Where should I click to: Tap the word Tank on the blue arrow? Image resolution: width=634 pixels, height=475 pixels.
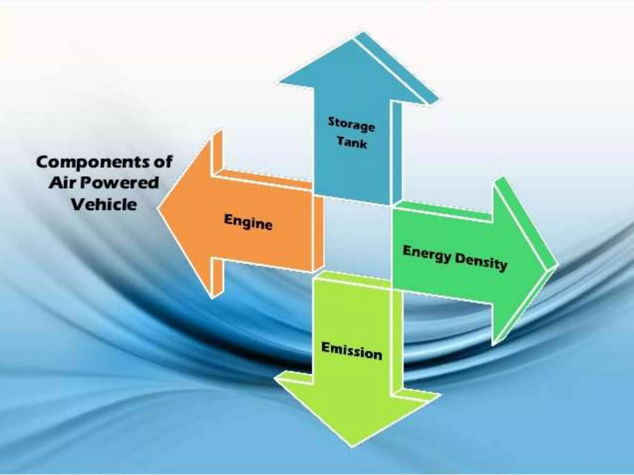352,142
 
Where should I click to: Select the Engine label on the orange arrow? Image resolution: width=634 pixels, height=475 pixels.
248,222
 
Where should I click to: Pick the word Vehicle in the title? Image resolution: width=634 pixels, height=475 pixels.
104,204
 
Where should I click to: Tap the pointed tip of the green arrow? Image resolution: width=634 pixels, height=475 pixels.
557,265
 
